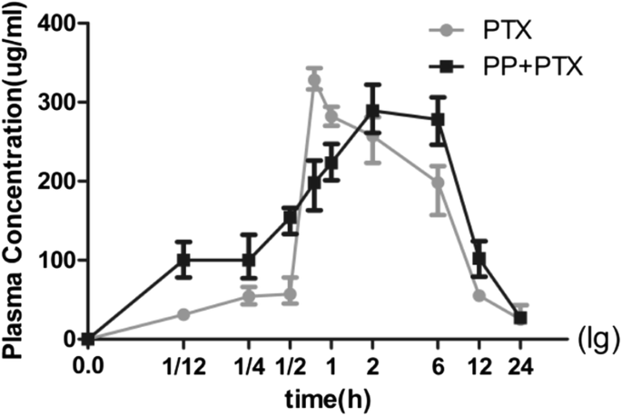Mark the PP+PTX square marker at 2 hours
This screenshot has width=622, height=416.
[x=372, y=112]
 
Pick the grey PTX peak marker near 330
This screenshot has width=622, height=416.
[x=314, y=81]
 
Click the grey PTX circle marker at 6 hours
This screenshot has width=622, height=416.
[x=439, y=183]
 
